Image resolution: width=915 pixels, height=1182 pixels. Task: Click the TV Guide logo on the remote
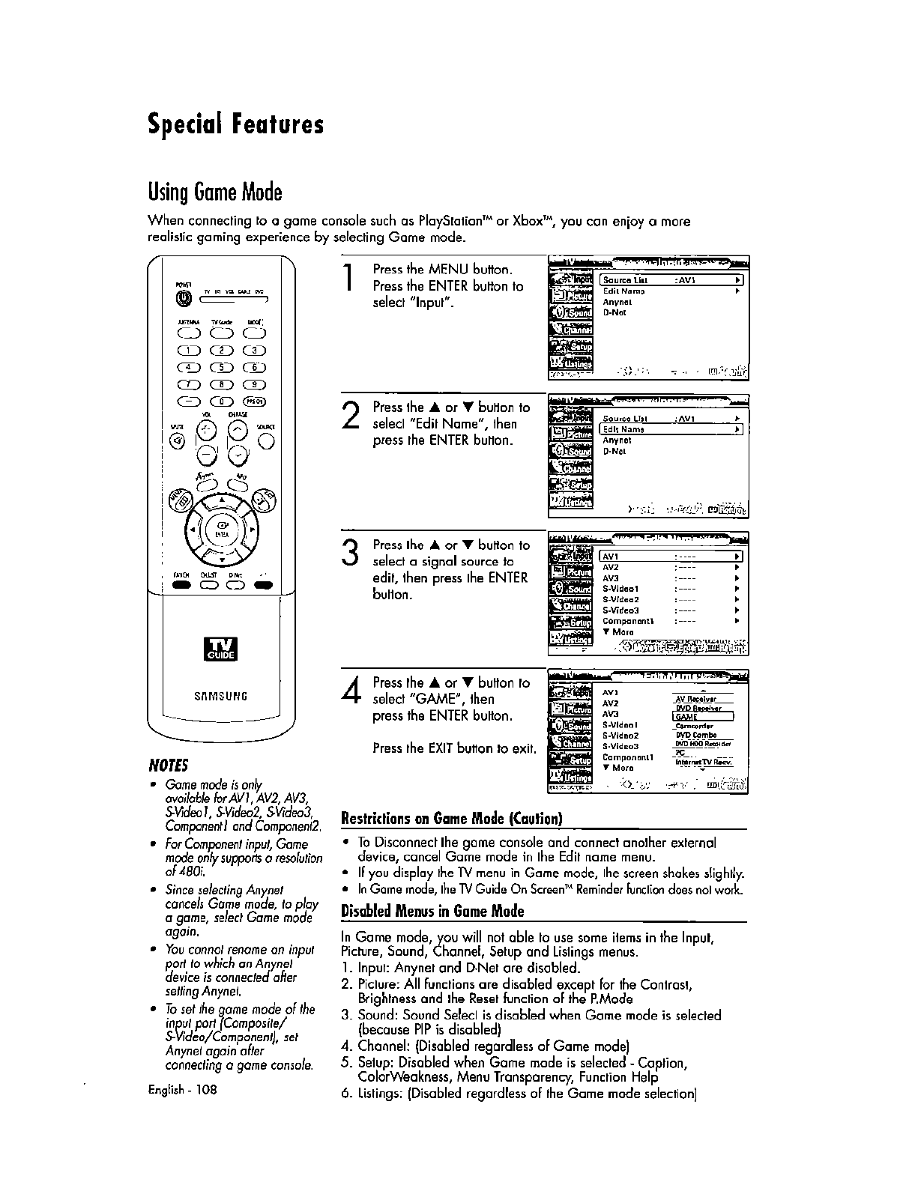point(222,647)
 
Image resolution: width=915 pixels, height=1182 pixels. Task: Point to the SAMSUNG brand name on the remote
point(222,696)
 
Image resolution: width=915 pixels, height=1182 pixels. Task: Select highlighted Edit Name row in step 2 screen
point(671,429)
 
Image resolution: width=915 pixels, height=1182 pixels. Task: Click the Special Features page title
point(236,124)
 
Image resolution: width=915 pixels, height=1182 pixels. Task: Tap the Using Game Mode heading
point(215,193)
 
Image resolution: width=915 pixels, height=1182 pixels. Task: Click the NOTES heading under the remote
point(169,765)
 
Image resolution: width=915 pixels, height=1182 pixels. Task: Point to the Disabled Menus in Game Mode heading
point(432,912)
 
